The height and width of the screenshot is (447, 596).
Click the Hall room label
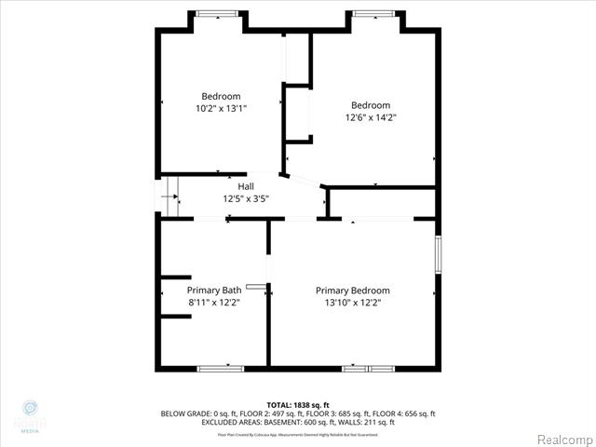(245, 186)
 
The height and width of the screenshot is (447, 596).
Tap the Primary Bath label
(214, 290)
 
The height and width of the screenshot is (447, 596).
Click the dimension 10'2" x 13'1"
(221, 108)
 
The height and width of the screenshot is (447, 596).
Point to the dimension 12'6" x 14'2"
(370, 117)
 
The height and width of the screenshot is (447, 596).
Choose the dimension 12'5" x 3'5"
(245, 198)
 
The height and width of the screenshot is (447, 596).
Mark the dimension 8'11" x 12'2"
(214, 302)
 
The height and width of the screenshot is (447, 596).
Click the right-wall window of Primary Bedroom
(438, 255)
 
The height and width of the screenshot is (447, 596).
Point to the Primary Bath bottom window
(221, 369)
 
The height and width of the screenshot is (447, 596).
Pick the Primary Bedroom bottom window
(368, 369)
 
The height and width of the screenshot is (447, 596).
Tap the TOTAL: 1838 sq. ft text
(298, 404)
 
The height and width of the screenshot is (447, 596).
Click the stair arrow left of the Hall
(169, 196)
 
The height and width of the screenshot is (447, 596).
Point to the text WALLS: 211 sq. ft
(369, 422)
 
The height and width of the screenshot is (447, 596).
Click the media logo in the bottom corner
(29, 415)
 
